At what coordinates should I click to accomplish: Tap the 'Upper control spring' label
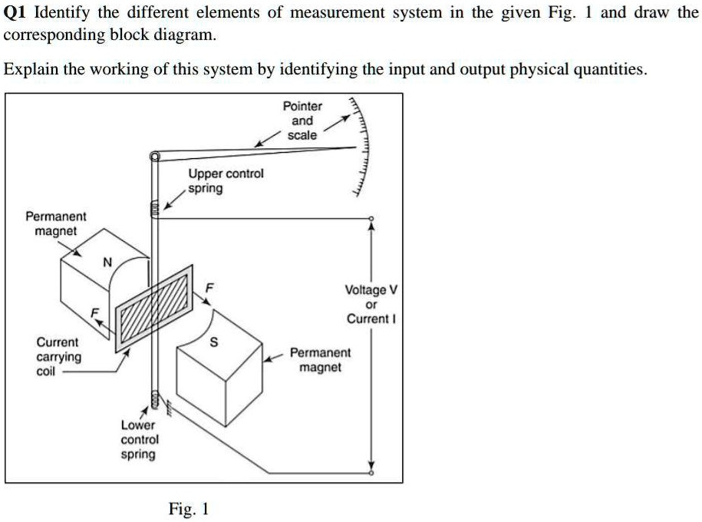[226, 180]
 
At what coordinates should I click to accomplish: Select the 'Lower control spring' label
[139, 439]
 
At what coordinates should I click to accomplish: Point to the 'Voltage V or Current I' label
[371, 304]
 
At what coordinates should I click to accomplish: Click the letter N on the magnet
[107, 263]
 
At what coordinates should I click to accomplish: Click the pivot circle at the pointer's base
[154, 157]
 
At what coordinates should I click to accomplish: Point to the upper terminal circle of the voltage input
[371, 218]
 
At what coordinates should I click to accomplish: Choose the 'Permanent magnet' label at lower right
[320, 360]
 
